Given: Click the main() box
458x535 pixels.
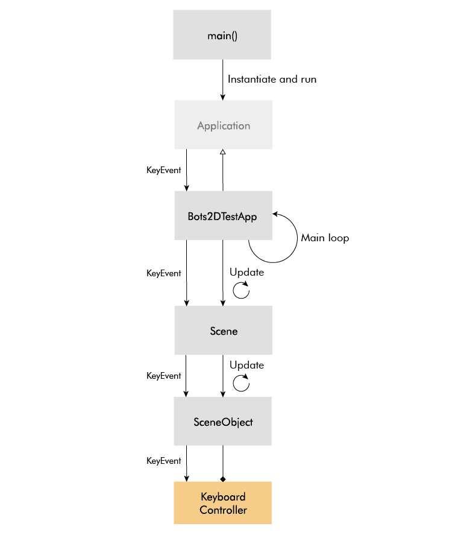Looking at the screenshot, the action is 222,35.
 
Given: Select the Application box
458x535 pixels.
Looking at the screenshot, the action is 224,124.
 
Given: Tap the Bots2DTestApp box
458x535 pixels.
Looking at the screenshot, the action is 224,215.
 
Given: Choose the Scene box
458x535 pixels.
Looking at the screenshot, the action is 224,330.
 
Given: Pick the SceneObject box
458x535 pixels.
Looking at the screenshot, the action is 223,421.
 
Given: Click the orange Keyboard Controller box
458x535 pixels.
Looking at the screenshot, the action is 223,502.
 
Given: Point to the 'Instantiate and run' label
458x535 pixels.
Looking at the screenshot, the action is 272,80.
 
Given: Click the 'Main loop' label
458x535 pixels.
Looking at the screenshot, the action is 325,238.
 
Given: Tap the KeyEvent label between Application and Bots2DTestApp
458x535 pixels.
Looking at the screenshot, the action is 164,170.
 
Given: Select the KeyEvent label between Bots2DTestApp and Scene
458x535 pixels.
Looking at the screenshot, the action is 164,273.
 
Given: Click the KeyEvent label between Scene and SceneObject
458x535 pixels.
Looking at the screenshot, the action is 164,376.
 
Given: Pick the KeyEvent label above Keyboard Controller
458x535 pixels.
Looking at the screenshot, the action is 164,461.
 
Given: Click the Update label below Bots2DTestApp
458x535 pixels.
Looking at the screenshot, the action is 246,272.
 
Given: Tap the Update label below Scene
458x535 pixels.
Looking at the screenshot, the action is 246,365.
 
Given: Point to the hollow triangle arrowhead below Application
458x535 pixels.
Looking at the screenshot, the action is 223,152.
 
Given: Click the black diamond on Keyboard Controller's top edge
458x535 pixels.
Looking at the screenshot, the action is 223,480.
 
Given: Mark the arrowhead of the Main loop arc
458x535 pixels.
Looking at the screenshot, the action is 275,214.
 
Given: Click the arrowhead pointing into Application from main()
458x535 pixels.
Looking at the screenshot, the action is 223,98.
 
